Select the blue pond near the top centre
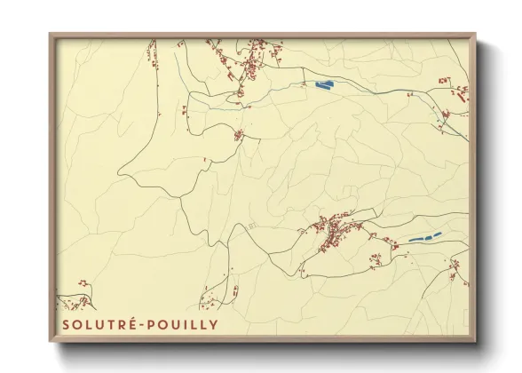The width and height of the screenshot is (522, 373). coord(323,86)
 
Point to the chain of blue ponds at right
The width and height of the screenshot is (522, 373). coord(424,238)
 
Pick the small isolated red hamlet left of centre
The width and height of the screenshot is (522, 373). coord(239,135)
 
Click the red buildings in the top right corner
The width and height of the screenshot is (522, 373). coord(458,91)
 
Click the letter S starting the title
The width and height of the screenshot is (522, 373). coord(66,325)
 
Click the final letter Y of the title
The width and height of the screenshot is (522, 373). coord(212,325)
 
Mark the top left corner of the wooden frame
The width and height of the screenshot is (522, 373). coord(51,36)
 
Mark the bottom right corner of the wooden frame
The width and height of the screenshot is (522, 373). coord(474,340)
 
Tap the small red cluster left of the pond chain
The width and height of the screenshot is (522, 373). coord(376,260)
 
